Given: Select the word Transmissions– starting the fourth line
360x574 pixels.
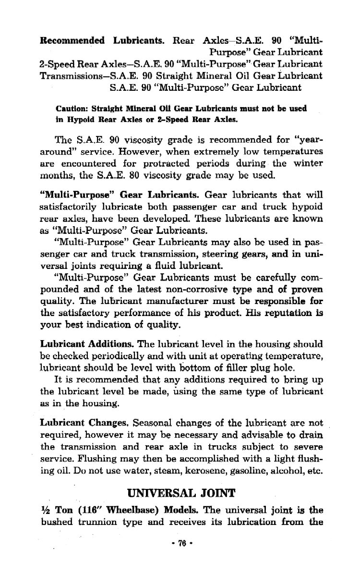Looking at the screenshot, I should (x=73, y=75).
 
